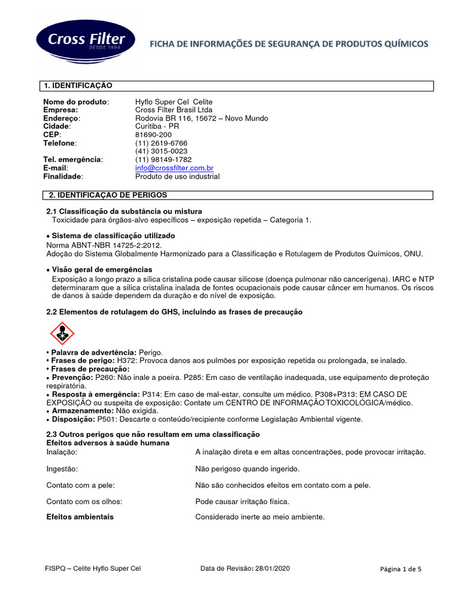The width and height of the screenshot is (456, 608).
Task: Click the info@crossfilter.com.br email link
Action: pyautogui.click(x=174, y=168)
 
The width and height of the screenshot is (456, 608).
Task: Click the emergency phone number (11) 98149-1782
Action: pyautogui.click(x=163, y=160)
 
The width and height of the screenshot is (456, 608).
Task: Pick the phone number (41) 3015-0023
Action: pyautogui.click(x=161, y=151)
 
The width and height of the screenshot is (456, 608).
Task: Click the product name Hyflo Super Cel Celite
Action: pyautogui.click(x=173, y=102)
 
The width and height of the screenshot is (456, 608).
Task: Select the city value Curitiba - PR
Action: pyautogui.click(x=157, y=126)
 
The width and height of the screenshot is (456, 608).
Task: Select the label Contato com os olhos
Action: pyautogui.click(x=84, y=501)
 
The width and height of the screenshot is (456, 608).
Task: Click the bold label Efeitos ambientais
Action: pyautogui.click(x=80, y=517)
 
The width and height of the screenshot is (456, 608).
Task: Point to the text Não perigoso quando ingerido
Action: pyautogui.click(x=247, y=468)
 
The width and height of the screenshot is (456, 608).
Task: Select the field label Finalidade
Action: pyautogui.click(x=63, y=176)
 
